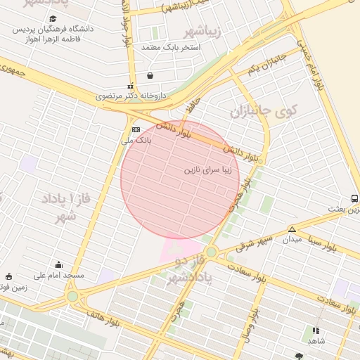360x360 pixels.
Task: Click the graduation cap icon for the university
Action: pos(53,18)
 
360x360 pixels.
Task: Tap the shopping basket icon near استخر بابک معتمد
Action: pos(149,75)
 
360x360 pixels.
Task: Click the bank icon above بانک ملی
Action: pos(136,129)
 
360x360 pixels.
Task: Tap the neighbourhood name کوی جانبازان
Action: pos(264,111)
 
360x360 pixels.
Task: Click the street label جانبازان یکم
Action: pos(267,63)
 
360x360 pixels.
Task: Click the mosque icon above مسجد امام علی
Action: pos(58,265)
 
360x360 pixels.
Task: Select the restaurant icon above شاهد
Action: pos(315,330)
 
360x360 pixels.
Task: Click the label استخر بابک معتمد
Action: pos(172,47)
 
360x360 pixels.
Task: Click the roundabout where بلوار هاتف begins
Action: pos(73,297)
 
